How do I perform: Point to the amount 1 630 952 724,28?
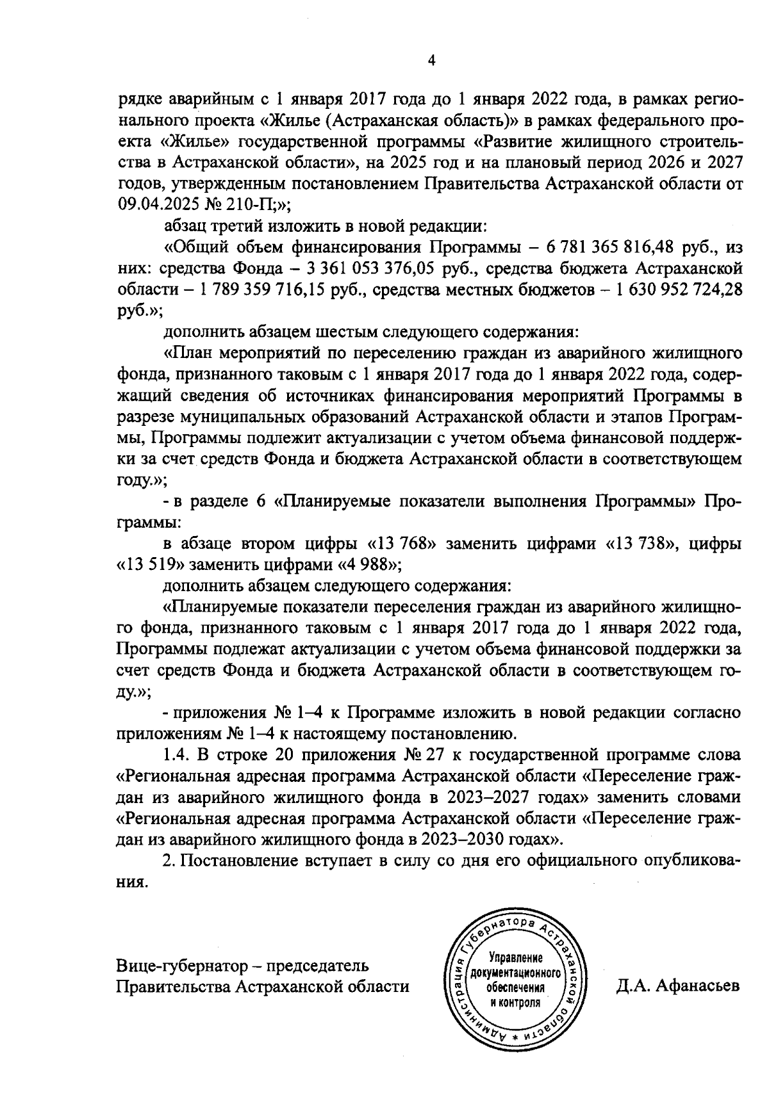[x=679, y=289]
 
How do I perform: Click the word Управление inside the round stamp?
[x=516, y=959]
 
